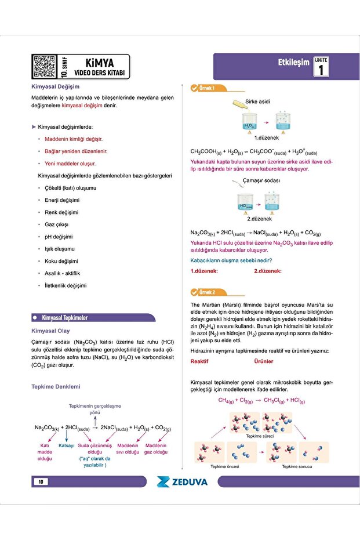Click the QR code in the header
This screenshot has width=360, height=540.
[x=44, y=66]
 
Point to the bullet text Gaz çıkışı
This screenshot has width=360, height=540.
[x=57, y=224]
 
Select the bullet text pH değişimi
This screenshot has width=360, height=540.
[x=59, y=237]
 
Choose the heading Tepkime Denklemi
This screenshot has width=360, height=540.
[x=56, y=386]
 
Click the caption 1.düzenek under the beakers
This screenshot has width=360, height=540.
[x=266, y=138]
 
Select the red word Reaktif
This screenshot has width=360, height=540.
[x=199, y=361]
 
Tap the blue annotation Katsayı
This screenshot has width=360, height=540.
[x=67, y=445]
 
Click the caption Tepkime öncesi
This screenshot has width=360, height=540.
[x=225, y=466]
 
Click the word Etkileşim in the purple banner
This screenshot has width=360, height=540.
[x=294, y=63]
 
